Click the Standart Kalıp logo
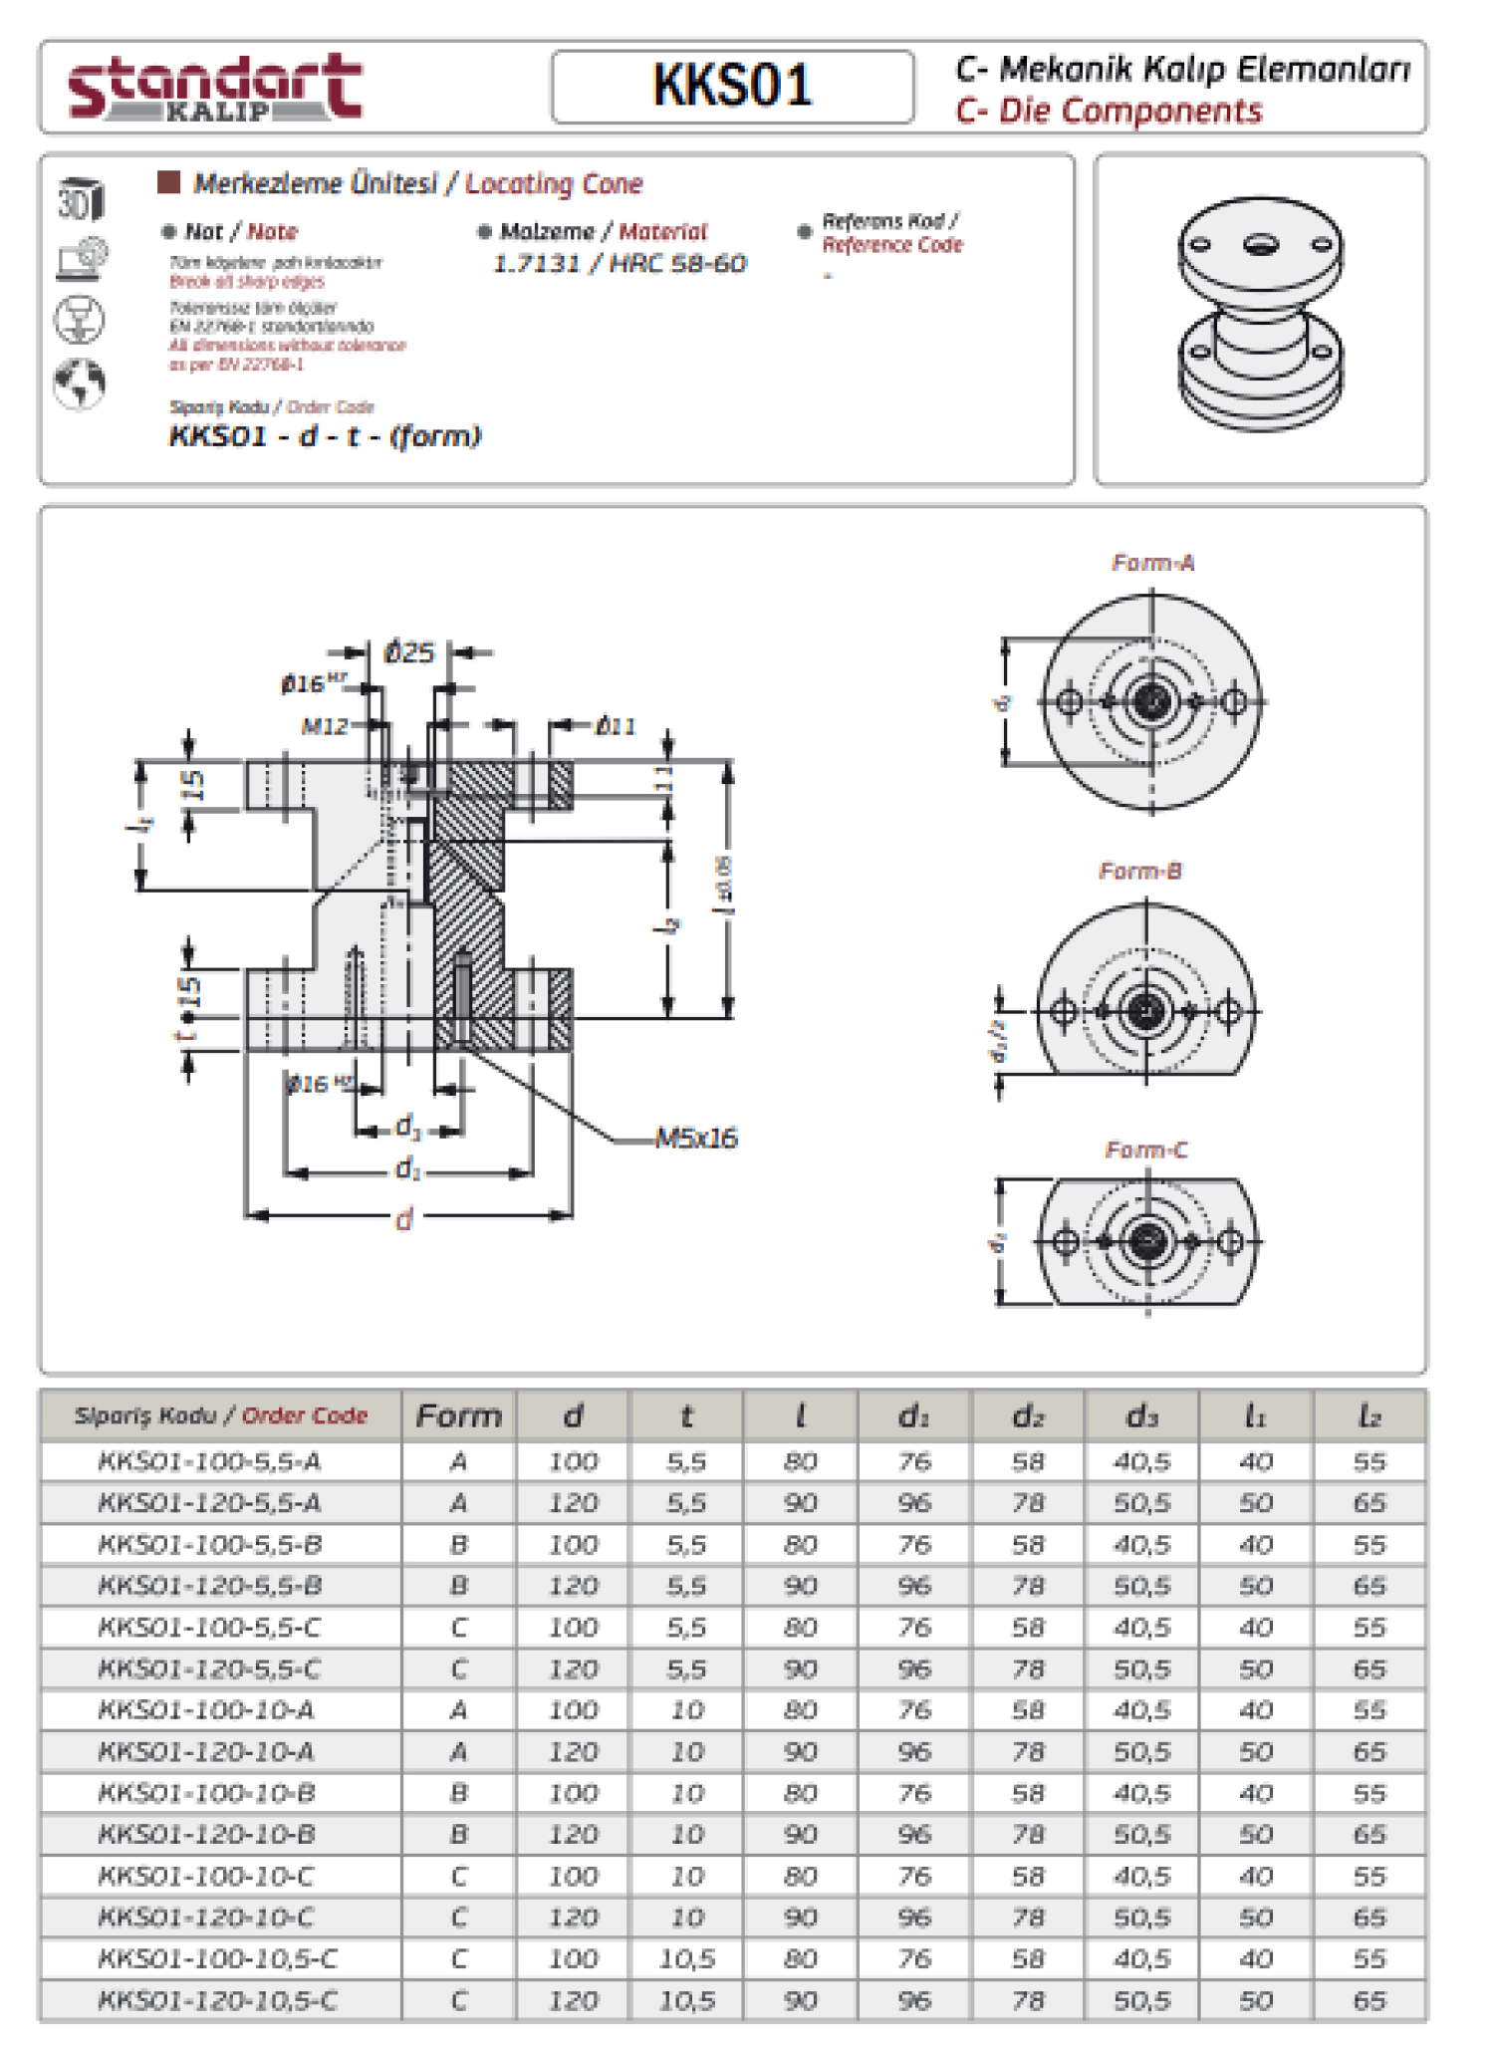214,88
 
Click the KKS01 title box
732,87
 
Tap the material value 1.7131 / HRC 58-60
620,264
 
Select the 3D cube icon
80,199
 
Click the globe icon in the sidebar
80,384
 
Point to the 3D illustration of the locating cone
1260,314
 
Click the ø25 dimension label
409,653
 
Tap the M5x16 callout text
695,1139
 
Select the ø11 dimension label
616,726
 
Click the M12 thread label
325,726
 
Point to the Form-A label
1152,563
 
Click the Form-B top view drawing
1145,996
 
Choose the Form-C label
1145,1151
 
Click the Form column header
459,1415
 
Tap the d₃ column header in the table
1141,1415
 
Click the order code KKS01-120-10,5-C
217,2000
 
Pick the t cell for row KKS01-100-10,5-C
686,1958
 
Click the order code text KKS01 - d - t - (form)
325,436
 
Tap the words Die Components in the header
1129,111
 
